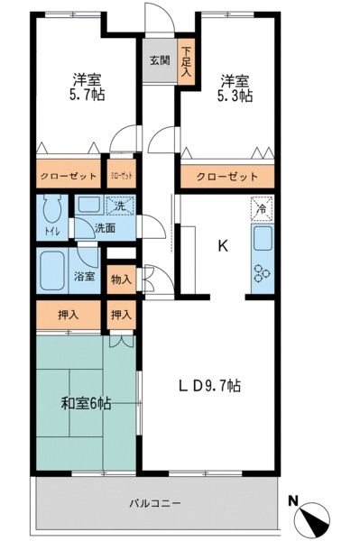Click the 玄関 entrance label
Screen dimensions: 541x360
click(159, 61)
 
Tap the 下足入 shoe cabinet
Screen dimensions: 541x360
click(186, 62)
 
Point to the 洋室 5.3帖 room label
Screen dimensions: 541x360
click(233, 87)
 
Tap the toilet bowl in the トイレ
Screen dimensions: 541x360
click(51, 215)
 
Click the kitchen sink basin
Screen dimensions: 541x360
click(263, 239)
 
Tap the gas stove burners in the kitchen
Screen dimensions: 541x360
click(263, 272)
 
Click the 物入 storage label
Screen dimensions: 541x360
click(121, 279)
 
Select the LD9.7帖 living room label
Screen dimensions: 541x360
click(208, 386)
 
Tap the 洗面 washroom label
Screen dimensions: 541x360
click(104, 230)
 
